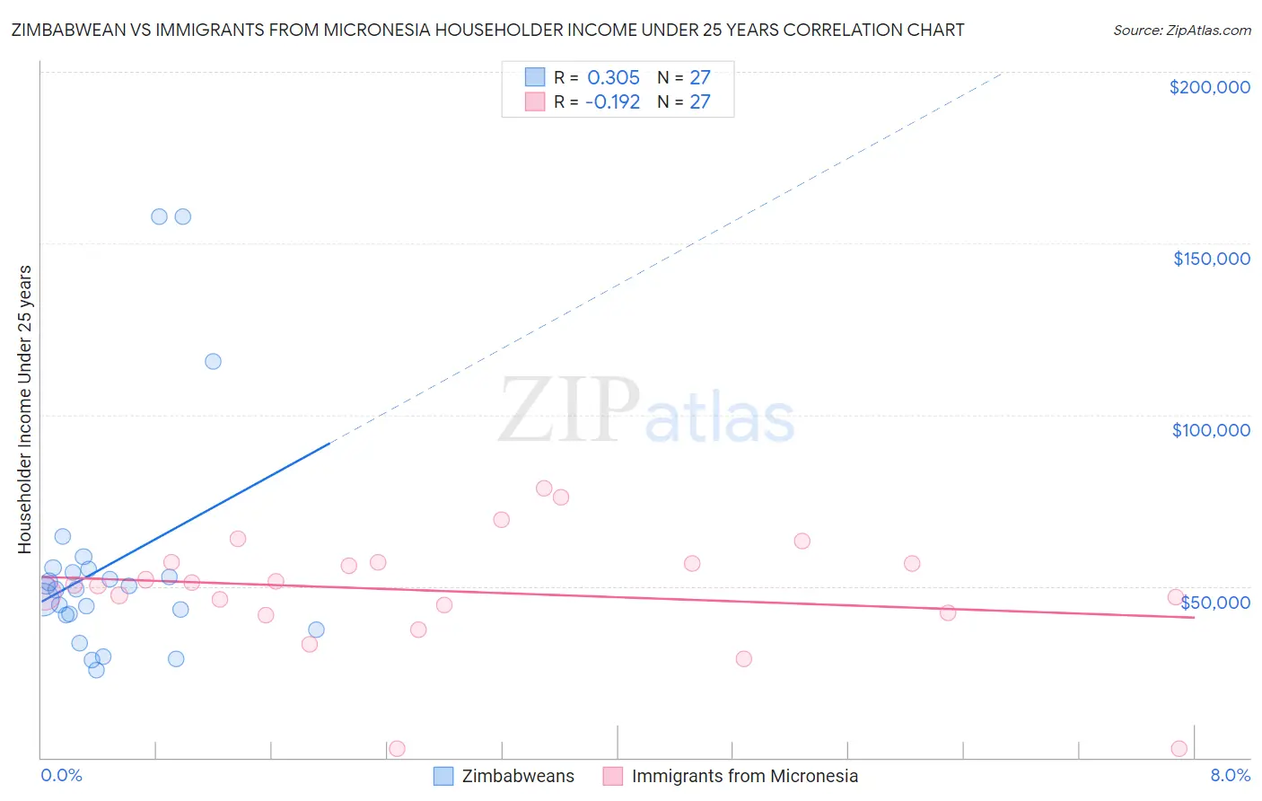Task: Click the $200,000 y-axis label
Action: [1209, 87]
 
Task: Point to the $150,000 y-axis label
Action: [1211, 259]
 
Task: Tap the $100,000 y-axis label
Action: [1211, 430]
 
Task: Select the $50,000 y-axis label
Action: [1215, 603]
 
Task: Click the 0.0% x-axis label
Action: [61, 775]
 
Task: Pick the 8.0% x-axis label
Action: [1230, 775]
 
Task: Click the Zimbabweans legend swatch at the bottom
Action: [443, 776]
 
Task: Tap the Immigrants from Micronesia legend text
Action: [744, 776]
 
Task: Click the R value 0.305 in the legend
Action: [613, 78]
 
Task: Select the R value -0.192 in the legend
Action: [612, 102]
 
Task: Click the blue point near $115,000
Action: [213, 361]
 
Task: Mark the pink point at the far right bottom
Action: [1179, 749]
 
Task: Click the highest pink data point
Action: [544, 489]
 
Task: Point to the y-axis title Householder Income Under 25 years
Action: [25, 409]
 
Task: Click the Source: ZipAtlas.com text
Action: [1181, 31]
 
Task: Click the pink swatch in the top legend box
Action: [535, 101]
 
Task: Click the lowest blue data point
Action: [96, 670]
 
